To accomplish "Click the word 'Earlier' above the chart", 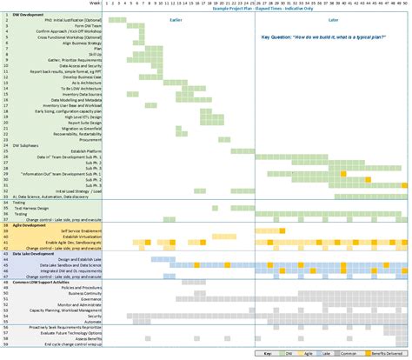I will click(x=176, y=20).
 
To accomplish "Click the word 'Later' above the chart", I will click(x=333, y=20).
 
